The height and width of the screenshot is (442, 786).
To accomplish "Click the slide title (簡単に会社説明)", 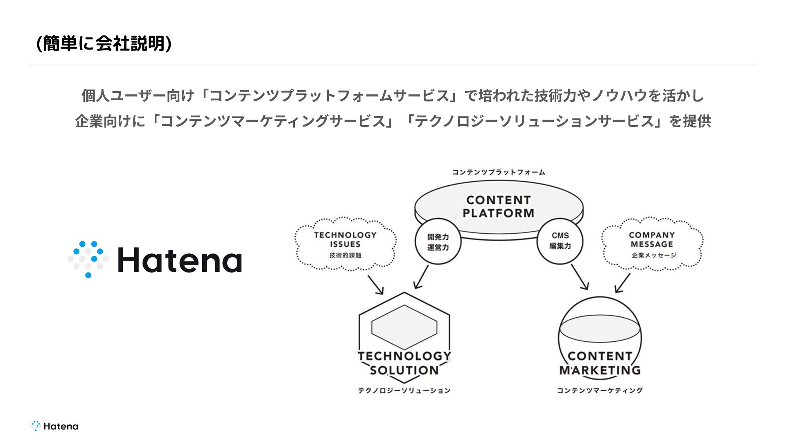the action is pos(104,43).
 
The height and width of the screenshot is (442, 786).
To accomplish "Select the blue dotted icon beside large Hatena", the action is pos(88,259).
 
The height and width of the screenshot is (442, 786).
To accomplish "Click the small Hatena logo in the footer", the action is pos(54,426).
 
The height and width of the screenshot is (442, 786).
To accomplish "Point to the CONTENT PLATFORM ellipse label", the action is pos(498,207).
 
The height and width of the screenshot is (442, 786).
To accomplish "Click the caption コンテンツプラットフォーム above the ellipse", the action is pos(498,172).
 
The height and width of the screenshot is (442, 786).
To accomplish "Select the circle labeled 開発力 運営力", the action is pos(438,242).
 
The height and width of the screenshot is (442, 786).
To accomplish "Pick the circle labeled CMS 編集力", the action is pos(560,241).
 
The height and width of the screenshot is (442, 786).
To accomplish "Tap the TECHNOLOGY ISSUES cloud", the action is pos(345,244).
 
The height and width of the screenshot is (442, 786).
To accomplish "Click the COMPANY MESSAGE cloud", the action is pos(652,244).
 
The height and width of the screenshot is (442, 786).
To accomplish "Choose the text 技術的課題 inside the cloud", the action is pos(345,255).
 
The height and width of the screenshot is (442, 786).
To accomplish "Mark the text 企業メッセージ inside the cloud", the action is pos(653,255).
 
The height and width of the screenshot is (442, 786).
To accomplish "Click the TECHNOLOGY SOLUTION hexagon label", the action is pos(404,363).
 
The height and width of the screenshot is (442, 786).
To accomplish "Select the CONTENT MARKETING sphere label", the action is pos(600,363).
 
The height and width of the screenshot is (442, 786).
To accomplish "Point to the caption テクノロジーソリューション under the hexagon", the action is pos(404,390).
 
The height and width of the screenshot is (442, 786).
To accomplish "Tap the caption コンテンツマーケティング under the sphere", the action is pos(599,390).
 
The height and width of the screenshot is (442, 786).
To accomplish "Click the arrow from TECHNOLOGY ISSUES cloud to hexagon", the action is pos(375,285).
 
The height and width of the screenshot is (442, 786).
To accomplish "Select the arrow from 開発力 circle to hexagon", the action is pos(421,277).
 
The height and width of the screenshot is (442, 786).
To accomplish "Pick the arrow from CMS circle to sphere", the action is pos(580,277).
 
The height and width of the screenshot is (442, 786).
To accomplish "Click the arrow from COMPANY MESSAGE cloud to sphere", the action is pos(623,283).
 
